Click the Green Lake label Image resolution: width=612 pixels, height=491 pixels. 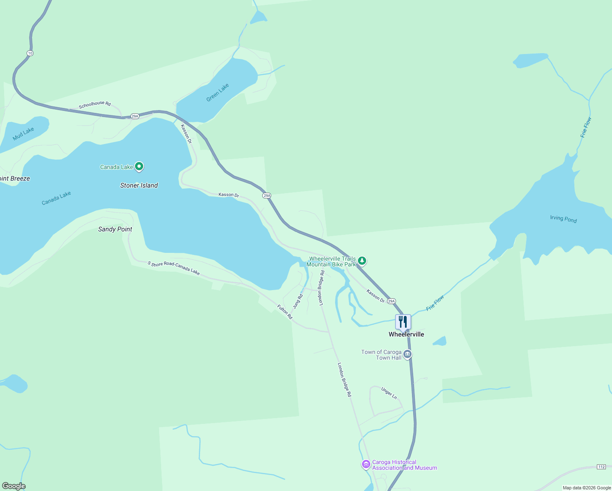[218, 92]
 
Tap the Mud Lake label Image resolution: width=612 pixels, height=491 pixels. [23, 134]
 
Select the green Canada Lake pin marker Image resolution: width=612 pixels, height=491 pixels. [139, 167]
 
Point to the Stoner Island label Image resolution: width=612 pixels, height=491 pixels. [139, 185]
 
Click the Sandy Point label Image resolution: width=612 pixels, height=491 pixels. [115, 229]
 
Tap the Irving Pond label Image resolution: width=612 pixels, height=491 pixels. [563, 219]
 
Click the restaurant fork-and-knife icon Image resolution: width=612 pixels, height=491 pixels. [403, 322]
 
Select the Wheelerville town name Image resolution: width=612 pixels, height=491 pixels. [406, 334]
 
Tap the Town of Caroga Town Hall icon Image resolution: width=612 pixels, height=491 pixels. [407, 354]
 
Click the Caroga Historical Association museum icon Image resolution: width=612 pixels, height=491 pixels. [366, 464]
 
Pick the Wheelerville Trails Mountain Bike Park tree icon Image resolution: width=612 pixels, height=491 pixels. [362, 261]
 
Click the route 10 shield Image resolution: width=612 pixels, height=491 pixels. [30, 53]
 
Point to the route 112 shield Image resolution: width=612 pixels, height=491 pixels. [601, 467]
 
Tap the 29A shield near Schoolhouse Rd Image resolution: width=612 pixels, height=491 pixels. [135, 116]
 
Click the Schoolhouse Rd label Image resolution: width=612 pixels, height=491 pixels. [94, 105]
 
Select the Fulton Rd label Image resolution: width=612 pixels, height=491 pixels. [285, 312]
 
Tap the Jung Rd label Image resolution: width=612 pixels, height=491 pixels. [298, 302]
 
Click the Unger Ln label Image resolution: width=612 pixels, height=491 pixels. [389, 393]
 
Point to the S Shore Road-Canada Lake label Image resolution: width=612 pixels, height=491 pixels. [173, 268]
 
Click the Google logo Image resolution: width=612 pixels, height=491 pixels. [13, 486]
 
